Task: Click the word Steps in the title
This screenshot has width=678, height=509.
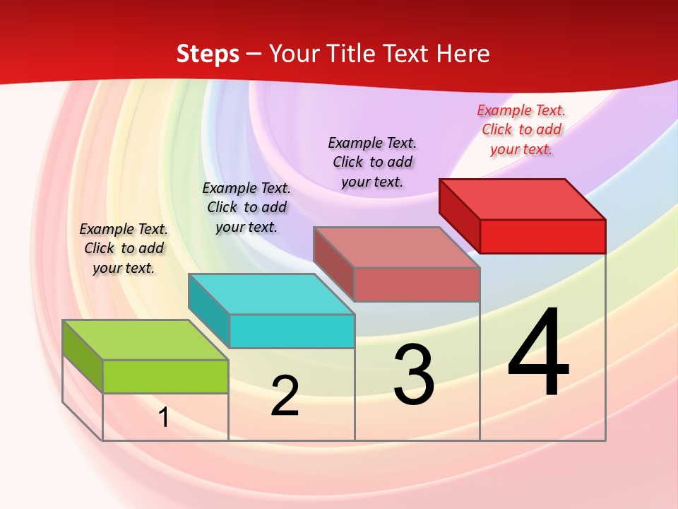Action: [x=207, y=54]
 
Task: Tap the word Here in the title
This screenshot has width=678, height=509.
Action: [x=463, y=54]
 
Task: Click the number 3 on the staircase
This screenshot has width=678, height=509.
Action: [x=414, y=375]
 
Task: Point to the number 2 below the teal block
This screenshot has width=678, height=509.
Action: [x=285, y=396]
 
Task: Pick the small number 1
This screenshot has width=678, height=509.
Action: [x=163, y=418]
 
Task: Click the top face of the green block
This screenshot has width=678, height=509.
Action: [x=145, y=340]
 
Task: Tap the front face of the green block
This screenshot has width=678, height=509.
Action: [x=165, y=376]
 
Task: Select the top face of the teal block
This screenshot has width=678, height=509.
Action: [x=271, y=294]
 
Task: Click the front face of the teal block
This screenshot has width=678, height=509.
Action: [x=292, y=331]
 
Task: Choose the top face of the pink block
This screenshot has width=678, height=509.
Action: [x=397, y=247]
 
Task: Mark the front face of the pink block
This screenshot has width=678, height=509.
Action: [x=417, y=284]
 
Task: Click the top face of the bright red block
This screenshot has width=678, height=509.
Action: [x=523, y=199]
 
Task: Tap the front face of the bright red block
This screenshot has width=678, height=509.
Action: [x=542, y=236]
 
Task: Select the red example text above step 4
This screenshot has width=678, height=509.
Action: [x=521, y=129]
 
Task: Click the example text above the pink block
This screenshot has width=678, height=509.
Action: [x=372, y=162]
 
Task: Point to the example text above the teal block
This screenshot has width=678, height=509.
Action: [x=246, y=207]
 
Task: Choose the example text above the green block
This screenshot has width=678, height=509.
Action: [x=124, y=248]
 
